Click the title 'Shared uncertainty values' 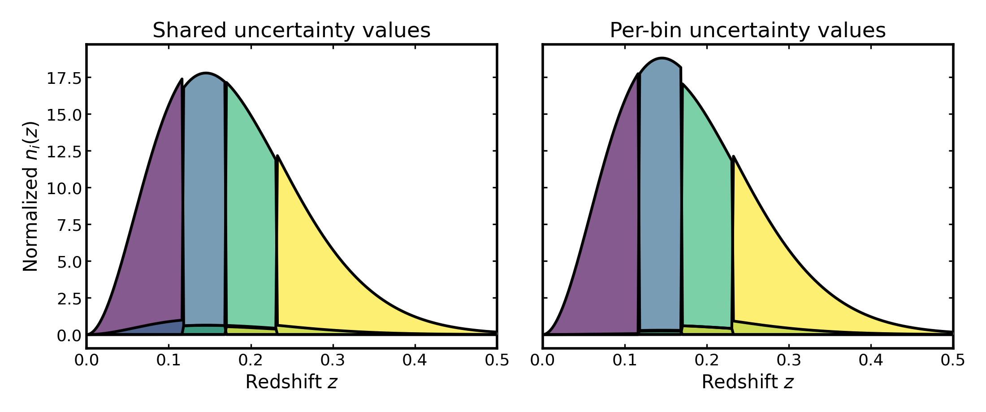coord(291,30)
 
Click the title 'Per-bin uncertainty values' coord(748,30)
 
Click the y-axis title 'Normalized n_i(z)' coord(30,196)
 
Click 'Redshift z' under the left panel coord(291,382)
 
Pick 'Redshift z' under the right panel coord(748,382)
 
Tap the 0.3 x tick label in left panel coord(333,360)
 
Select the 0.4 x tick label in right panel coord(871,360)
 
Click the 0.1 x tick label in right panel coord(625,360)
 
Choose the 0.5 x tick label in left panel coord(497,360)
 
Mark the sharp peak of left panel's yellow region coord(278,156)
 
